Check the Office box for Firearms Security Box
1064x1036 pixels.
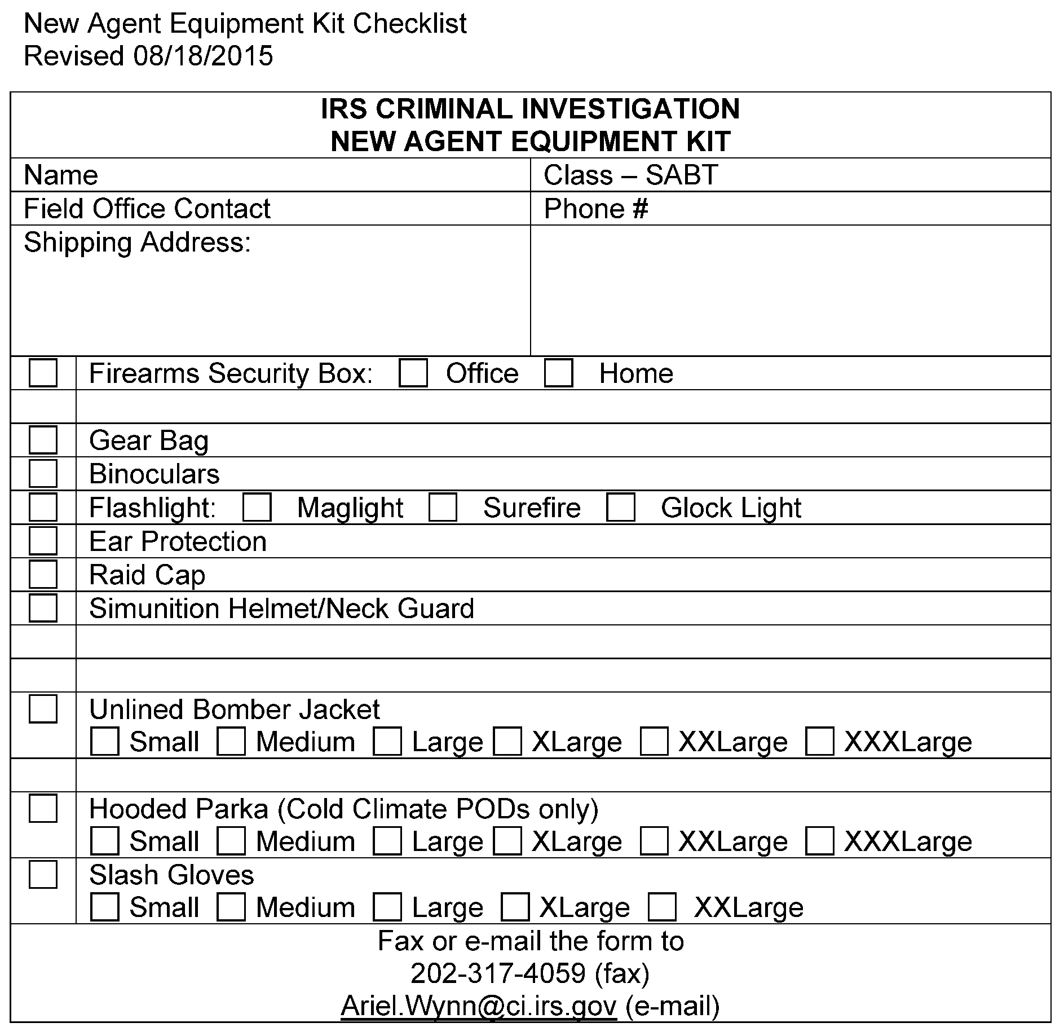point(413,373)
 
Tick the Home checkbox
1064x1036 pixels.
point(558,373)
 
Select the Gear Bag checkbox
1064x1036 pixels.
point(43,440)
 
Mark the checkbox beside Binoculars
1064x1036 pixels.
point(43,474)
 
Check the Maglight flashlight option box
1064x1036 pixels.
point(257,508)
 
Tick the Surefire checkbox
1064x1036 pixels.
point(443,508)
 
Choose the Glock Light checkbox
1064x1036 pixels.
point(620,508)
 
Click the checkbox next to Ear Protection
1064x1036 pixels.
point(43,541)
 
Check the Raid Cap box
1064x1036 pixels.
point(43,575)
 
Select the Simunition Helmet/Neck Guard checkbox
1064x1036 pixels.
point(43,608)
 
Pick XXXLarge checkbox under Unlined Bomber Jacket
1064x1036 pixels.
point(819,742)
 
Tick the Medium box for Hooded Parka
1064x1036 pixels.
point(231,841)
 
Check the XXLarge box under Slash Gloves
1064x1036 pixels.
point(662,907)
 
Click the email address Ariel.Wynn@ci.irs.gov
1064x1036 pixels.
point(479,1006)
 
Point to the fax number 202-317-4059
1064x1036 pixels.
point(498,973)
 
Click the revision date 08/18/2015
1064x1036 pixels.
point(204,56)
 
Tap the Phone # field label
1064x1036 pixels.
point(596,209)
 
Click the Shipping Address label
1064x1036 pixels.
point(137,243)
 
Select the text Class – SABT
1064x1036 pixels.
point(630,175)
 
